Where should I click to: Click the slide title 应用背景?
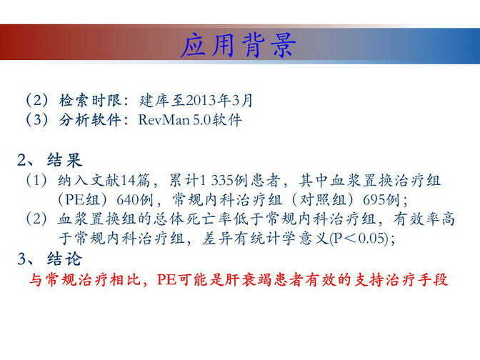(x=238, y=45)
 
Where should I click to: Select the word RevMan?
(x=164, y=120)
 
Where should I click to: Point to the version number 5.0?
(x=202, y=120)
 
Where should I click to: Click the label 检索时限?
(x=90, y=101)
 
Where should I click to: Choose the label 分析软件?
(x=90, y=120)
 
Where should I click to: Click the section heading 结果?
(x=64, y=160)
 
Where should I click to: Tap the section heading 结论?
(x=64, y=259)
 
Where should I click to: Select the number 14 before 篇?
(x=129, y=180)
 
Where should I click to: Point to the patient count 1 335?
(x=216, y=180)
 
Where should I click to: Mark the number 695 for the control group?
(x=372, y=200)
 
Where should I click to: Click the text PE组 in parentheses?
(x=82, y=200)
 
